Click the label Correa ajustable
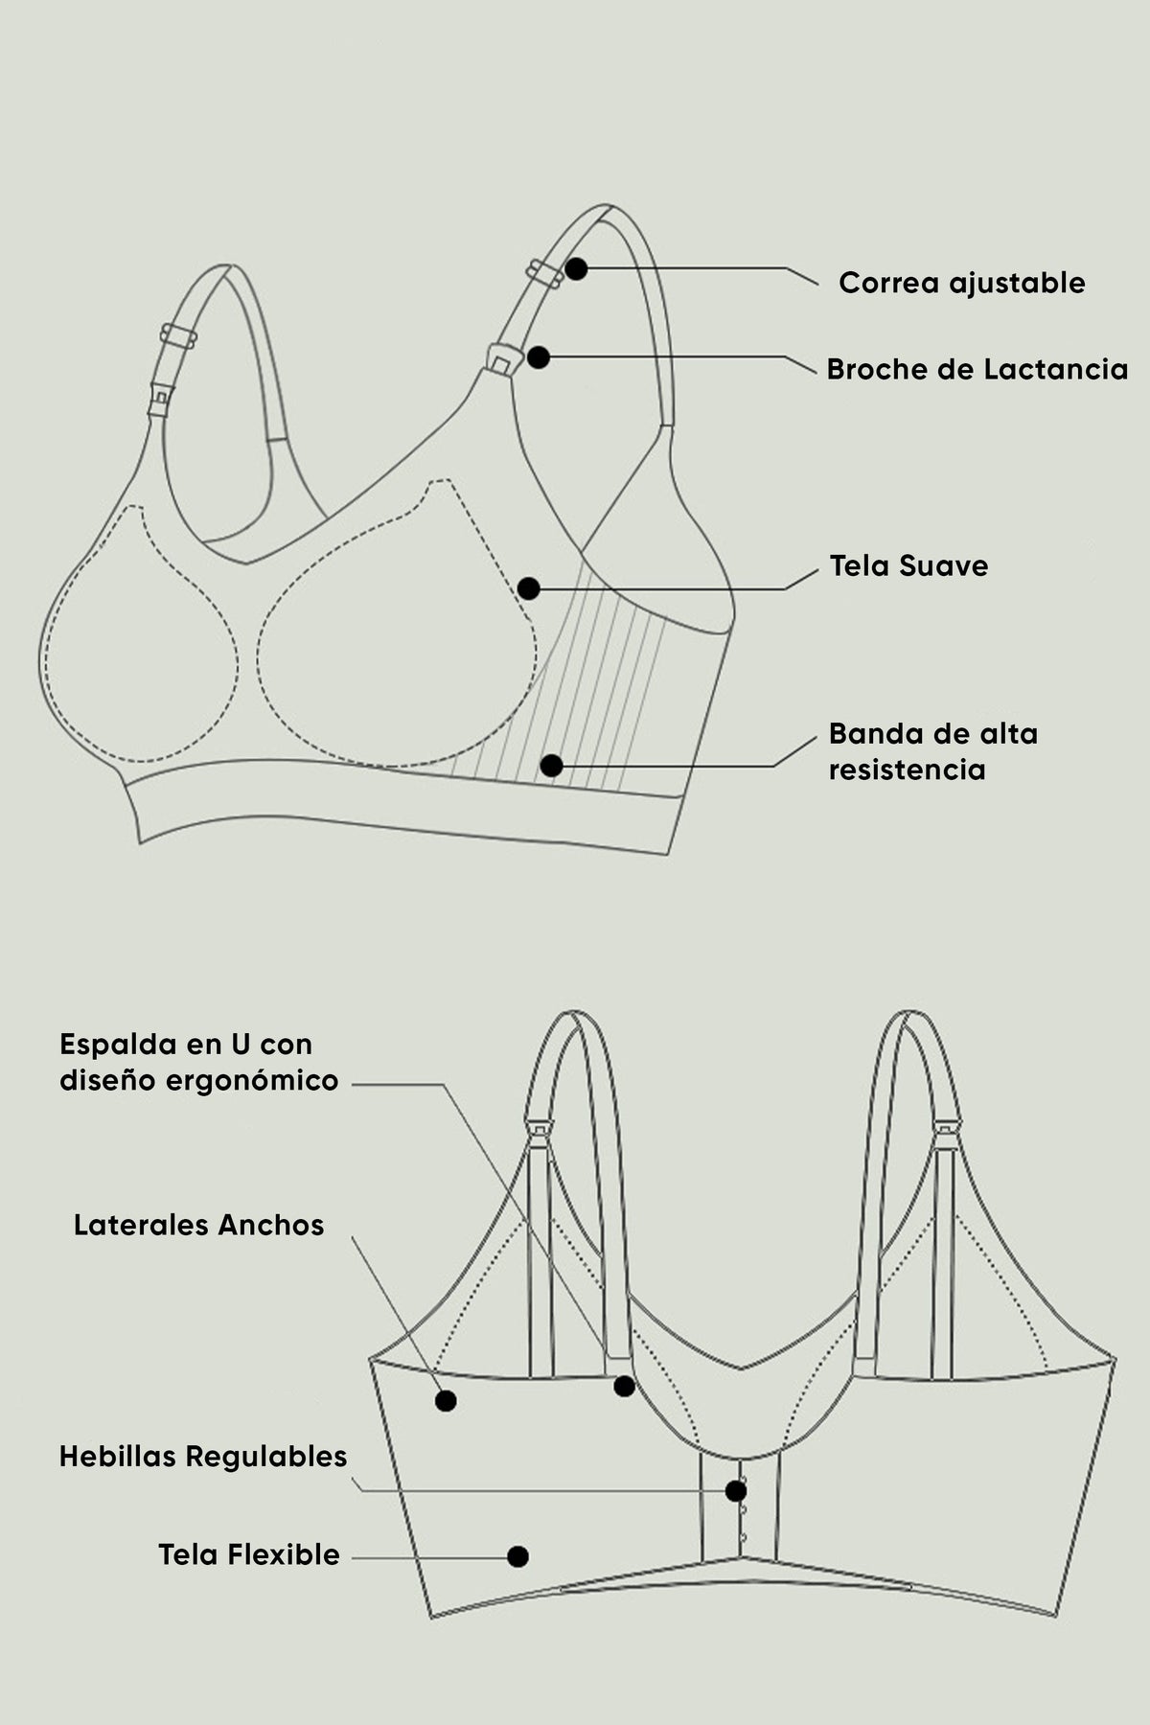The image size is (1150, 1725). [961, 284]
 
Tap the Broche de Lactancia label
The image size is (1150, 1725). [977, 369]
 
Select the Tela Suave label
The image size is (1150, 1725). [908, 565]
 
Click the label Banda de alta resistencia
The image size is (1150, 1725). [932, 751]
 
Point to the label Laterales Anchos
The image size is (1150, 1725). [198, 1225]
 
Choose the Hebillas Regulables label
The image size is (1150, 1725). [203, 1457]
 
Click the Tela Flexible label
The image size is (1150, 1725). [249, 1554]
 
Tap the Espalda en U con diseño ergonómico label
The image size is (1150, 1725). [198, 1062]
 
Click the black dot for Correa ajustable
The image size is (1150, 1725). [575, 268]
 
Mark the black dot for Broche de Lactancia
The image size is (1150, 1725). [539, 357]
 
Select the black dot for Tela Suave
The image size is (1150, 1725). [528, 588]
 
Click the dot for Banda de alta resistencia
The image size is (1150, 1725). [551, 766]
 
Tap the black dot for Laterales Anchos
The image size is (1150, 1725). [446, 1400]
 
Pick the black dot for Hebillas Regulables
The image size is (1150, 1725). [736, 1491]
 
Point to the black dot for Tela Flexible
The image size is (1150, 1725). [517, 1556]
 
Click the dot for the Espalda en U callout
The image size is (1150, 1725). [624, 1386]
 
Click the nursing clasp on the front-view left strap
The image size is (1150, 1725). [160, 399]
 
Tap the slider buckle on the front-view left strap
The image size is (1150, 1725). [178, 336]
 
